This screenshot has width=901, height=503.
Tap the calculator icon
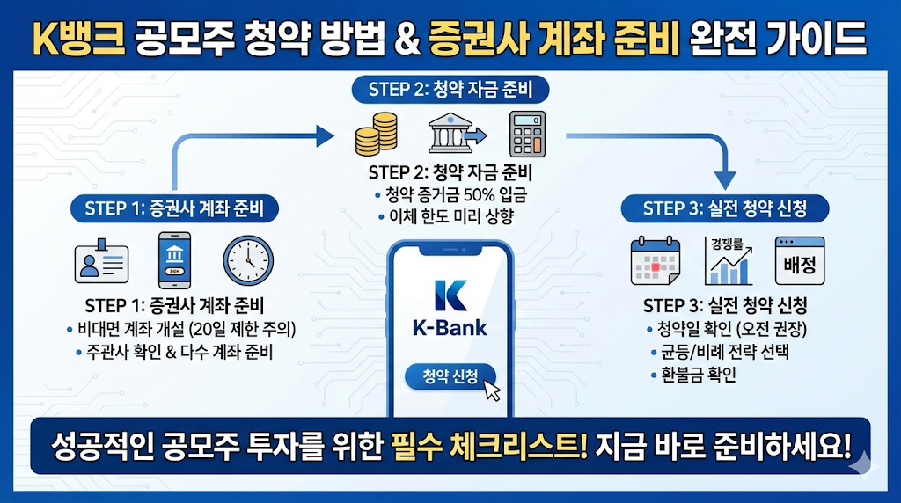pyautogui.click(x=528, y=134)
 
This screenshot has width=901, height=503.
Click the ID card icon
pyautogui.click(x=102, y=261)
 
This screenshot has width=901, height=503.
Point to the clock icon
pyautogui.click(x=249, y=261)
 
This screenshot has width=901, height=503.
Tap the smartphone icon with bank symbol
pyautogui.click(x=174, y=261)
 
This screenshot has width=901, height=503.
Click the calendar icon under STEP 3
pyautogui.click(x=656, y=260)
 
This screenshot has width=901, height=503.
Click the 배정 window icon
pyautogui.click(x=799, y=260)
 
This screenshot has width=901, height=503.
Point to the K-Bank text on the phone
pyautogui.click(x=450, y=329)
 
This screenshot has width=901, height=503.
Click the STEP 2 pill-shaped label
pyautogui.click(x=450, y=90)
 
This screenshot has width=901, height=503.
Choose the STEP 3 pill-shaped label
pyautogui.click(x=725, y=208)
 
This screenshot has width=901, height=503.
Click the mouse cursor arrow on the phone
pyautogui.click(x=491, y=390)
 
